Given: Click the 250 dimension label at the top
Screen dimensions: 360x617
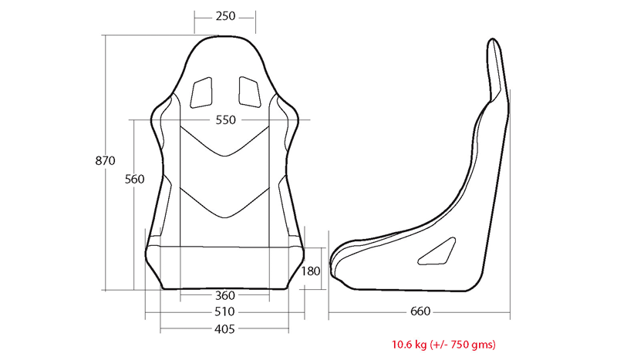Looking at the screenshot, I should pyautogui.click(x=225, y=16).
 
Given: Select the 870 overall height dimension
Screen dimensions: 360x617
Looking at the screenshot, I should pyautogui.click(x=104, y=161).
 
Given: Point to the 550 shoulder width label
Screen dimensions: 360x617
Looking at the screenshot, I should pyautogui.click(x=226, y=120).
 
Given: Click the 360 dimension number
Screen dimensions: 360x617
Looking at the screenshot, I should pyautogui.click(x=225, y=295).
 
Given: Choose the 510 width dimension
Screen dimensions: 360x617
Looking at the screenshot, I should pyautogui.click(x=225, y=312).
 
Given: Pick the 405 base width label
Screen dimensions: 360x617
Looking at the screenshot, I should pyautogui.click(x=225, y=328).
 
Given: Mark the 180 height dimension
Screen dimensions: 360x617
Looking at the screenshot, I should pyautogui.click(x=312, y=271).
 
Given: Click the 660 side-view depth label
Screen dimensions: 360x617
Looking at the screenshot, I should pyautogui.click(x=420, y=312).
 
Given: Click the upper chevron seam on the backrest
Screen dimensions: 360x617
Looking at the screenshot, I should pyautogui.click(x=225, y=146).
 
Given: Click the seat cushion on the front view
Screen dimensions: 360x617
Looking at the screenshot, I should pyautogui.click(x=225, y=266).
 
